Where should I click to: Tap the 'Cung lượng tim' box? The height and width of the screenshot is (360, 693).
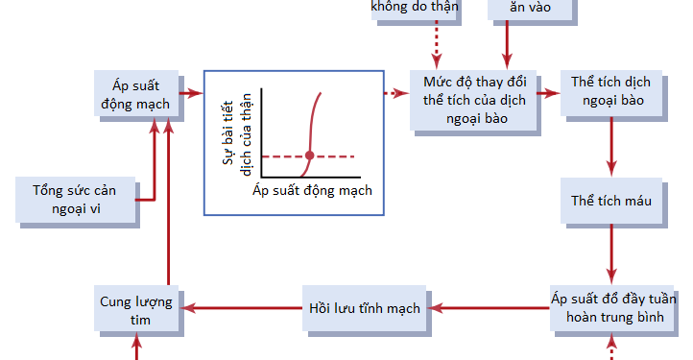136,309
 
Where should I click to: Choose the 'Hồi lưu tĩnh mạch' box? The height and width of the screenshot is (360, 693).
364,308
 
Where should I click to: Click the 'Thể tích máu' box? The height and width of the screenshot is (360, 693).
610,201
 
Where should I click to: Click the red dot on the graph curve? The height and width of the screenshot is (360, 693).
309,156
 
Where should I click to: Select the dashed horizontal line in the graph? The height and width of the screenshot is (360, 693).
336,156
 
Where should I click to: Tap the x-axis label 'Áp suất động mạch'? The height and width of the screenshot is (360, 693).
311,190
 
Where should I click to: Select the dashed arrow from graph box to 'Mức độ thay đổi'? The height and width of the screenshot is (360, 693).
396,93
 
